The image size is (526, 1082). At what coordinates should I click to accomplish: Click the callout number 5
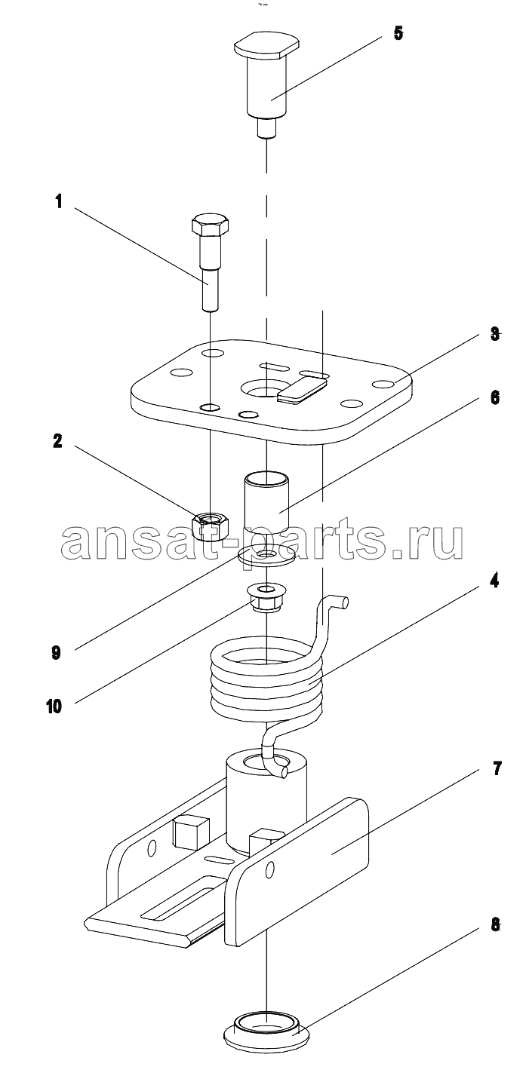(398, 33)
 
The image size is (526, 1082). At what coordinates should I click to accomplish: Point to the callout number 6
(494, 397)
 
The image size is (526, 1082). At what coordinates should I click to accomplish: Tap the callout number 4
(494, 583)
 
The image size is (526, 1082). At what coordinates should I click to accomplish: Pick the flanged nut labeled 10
(265, 599)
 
